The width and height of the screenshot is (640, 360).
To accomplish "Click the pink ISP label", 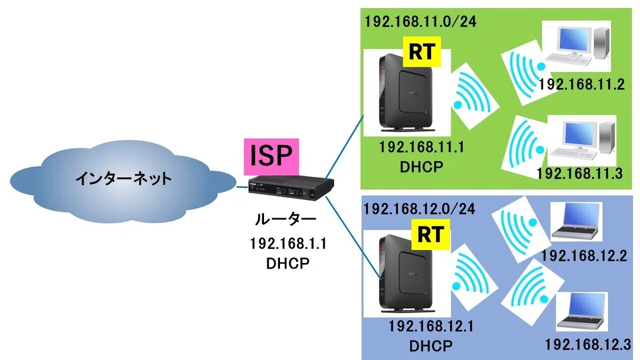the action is [271, 157].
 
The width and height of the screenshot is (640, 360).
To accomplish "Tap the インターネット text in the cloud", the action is [123, 179].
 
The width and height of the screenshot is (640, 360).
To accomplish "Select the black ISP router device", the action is [291, 188].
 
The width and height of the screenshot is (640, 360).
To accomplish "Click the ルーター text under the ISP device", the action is [286, 219].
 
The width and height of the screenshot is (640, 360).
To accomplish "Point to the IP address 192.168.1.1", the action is [288, 244].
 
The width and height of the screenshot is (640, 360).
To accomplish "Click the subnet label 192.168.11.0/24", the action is [421, 21].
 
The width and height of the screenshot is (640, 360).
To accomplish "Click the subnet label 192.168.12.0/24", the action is [419, 209].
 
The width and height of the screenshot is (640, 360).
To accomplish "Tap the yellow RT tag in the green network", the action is [422, 52].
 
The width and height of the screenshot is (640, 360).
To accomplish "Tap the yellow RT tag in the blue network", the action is [431, 234].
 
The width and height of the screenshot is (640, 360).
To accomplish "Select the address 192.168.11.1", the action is [421, 147].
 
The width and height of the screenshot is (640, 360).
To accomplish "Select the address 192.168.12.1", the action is [431, 326].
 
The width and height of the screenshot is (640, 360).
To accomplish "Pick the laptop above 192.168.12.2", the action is [575, 221].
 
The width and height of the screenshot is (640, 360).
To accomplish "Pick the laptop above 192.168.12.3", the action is [582, 311].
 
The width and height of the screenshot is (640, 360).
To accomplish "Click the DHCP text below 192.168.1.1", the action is [287, 263].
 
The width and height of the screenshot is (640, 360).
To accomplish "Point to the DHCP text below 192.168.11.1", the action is [421, 167].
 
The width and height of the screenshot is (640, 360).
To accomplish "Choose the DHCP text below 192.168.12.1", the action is [431, 346].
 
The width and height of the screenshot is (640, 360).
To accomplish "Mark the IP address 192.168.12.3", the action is [588, 345].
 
